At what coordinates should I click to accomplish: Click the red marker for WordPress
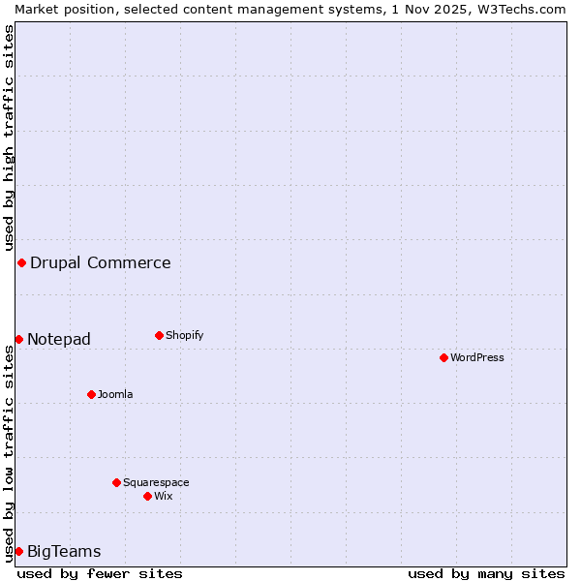point(443,357)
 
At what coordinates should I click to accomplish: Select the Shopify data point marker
point(159,335)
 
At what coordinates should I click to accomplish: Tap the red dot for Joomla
point(91,394)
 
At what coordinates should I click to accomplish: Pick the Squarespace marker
point(116,482)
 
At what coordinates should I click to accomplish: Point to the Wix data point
point(147,496)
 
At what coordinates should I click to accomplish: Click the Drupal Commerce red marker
point(21,262)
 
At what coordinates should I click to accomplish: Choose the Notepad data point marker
point(18,339)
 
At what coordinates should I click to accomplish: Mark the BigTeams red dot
point(18,551)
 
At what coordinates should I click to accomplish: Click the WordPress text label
point(477,357)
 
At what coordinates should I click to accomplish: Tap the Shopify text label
point(184,335)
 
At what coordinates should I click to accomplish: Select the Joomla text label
point(115,394)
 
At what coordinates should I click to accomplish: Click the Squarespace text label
point(156,482)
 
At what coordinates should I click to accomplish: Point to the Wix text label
point(163,496)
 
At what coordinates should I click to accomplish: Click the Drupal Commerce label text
point(101,262)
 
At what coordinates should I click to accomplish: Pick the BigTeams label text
point(64,552)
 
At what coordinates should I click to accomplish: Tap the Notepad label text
point(59,339)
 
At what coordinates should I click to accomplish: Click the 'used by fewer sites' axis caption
point(100,573)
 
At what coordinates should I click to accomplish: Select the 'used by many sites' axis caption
point(486,573)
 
